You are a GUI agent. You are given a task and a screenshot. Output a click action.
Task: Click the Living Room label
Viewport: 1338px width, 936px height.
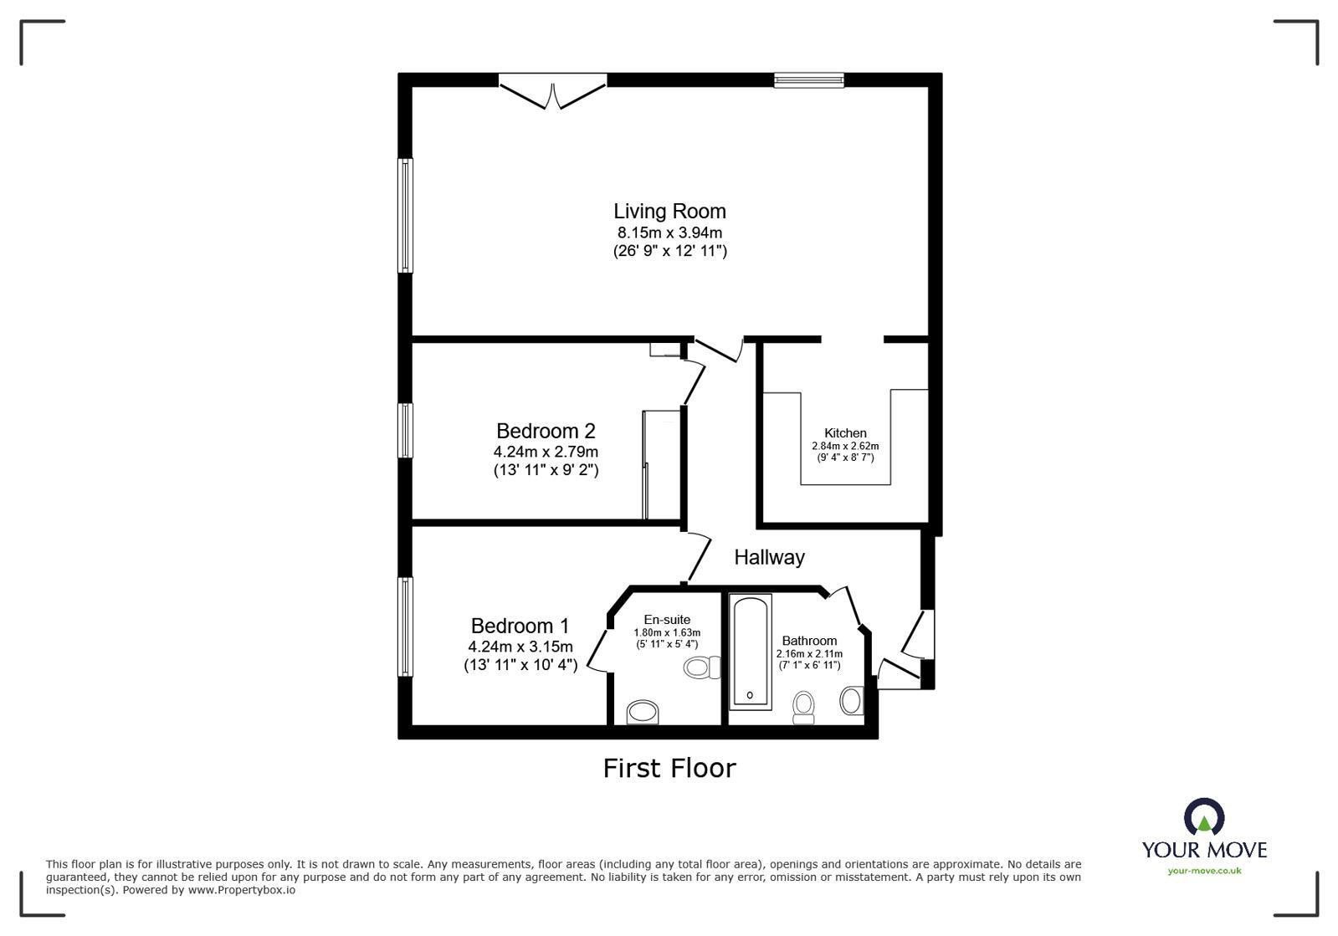pos(669,212)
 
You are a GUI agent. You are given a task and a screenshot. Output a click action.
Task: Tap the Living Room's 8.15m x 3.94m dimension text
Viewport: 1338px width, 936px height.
pos(669,233)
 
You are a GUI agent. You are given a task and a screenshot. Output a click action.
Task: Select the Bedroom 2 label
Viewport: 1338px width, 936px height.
pos(546,431)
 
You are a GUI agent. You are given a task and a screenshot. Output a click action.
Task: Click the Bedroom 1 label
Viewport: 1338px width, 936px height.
pos(520,626)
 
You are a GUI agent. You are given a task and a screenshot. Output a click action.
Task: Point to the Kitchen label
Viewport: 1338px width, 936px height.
pos(845,432)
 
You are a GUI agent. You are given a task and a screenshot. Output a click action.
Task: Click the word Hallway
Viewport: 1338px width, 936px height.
pos(769,557)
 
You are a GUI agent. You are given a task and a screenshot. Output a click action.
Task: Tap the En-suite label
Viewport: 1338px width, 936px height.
pos(667,620)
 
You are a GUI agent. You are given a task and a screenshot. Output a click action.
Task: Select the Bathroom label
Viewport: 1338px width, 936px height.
pos(809,641)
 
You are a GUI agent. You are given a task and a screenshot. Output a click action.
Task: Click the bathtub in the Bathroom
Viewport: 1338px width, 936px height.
pos(750,652)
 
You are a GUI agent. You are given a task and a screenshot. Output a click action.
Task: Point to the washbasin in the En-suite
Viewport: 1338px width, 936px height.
pos(643,713)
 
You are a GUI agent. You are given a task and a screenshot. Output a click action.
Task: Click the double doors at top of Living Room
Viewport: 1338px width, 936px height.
pos(552,90)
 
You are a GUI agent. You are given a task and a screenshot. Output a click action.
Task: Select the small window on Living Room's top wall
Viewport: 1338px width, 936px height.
pos(808,80)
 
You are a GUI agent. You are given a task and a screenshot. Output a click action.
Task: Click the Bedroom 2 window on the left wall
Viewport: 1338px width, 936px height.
pos(405,431)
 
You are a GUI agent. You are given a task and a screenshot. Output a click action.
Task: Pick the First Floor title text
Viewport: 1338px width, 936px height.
pos(669,768)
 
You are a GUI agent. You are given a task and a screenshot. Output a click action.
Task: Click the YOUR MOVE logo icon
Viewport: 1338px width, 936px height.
pos(1204,817)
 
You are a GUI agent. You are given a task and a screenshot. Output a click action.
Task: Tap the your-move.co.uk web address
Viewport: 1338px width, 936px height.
pos(1204,871)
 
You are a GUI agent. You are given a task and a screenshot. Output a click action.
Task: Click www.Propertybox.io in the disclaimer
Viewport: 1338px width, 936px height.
pos(241,890)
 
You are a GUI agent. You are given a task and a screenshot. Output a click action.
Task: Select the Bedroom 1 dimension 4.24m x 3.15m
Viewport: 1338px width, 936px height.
pos(520,647)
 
